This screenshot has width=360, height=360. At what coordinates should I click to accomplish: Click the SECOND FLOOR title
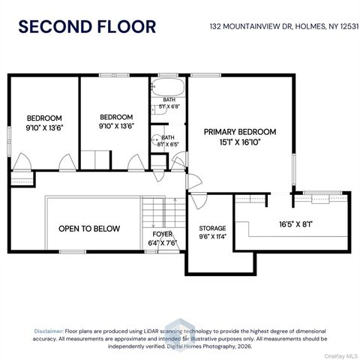pyautogui.click(x=87, y=27)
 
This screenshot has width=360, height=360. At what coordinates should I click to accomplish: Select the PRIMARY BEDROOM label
pyautogui.click(x=240, y=132)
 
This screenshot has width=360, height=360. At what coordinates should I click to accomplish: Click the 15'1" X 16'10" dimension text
pyautogui.click(x=240, y=142)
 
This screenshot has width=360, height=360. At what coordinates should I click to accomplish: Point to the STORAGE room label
pyautogui.click(x=212, y=228)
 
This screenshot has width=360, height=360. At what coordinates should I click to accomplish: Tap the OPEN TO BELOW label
pyautogui.click(x=89, y=229)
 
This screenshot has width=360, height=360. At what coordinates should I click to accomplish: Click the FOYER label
pyautogui.click(x=163, y=234)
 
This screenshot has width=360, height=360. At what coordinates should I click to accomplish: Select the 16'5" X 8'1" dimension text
pyautogui.click(x=296, y=224)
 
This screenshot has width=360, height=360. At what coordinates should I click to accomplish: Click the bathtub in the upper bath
pyautogui.click(x=168, y=87)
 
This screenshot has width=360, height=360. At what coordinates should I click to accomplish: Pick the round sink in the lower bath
pyautogui.click(x=157, y=139)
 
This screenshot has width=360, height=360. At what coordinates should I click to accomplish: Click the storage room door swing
pyautogui.click(x=199, y=200)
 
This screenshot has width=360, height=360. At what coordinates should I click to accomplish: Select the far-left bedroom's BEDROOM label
pyautogui.click(x=44, y=118)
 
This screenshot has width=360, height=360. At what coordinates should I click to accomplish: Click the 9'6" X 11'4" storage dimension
pyautogui.click(x=212, y=236)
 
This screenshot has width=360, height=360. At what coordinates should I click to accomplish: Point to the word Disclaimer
pyautogui.click(x=49, y=331)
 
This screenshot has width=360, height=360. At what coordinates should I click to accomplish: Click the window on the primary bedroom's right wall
pyautogui.click(x=294, y=169)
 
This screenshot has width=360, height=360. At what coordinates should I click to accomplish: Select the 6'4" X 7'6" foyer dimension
pyautogui.click(x=163, y=243)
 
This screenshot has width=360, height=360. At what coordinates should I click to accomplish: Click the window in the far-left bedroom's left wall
pyautogui.click(x=9, y=142)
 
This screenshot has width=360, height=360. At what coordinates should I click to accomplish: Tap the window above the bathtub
pyautogui.click(x=168, y=75)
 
